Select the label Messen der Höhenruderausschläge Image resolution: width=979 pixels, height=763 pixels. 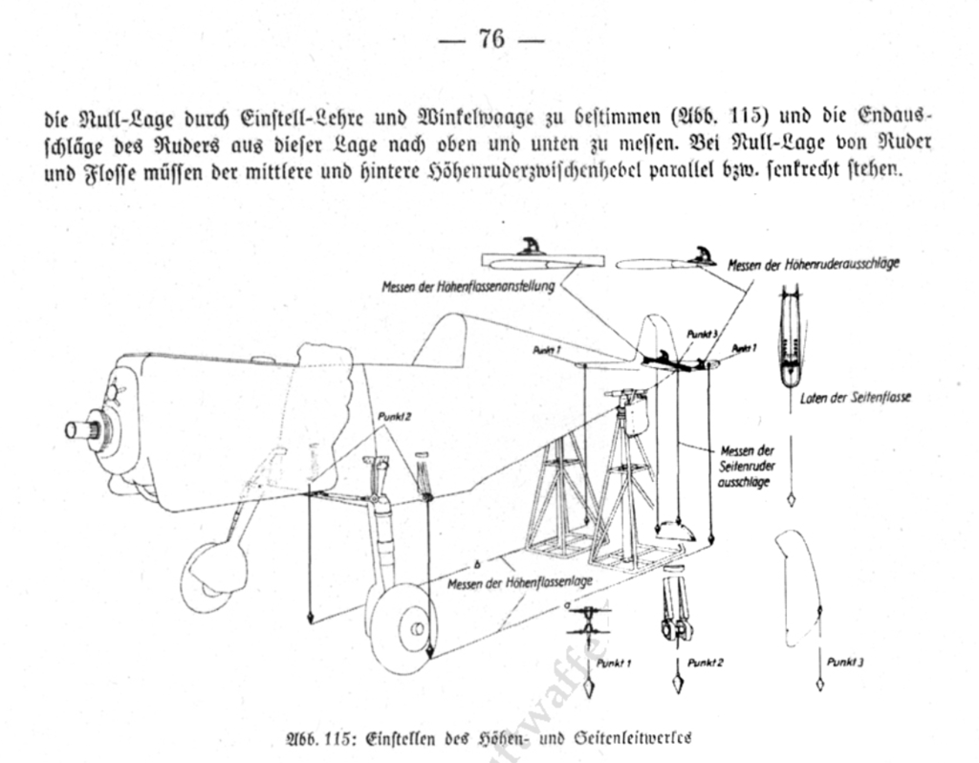pyautogui.click(x=813, y=264)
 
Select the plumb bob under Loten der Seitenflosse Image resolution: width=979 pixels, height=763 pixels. pyautogui.click(x=792, y=499)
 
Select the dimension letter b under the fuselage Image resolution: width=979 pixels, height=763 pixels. pyautogui.click(x=475, y=561)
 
